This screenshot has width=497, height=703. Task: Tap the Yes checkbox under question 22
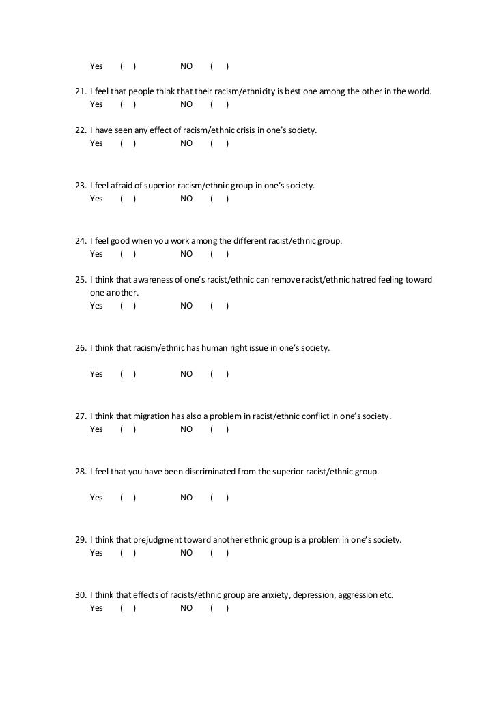pyautogui.click(x=128, y=143)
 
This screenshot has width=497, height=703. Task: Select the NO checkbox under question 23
pyautogui.click(x=219, y=199)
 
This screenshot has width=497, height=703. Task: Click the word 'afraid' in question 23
pyautogui.click(x=122, y=186)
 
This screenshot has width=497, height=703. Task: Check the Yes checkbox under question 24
pyautogui.click(x=128, y=254)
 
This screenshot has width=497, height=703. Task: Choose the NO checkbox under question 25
pyautogui.click(x=219, y=306)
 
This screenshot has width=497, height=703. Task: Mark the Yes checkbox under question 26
pyautogui.click(x=128, y=374)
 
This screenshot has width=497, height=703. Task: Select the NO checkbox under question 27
pyautogui.click(x=219, y=429)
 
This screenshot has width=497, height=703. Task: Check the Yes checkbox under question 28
pyautogui.click(x=128, y=498)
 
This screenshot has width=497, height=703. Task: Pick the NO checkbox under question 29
pyautogui.click(x=219, y=553)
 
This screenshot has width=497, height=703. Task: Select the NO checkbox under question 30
pyautogui.click(x=219, y=608)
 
